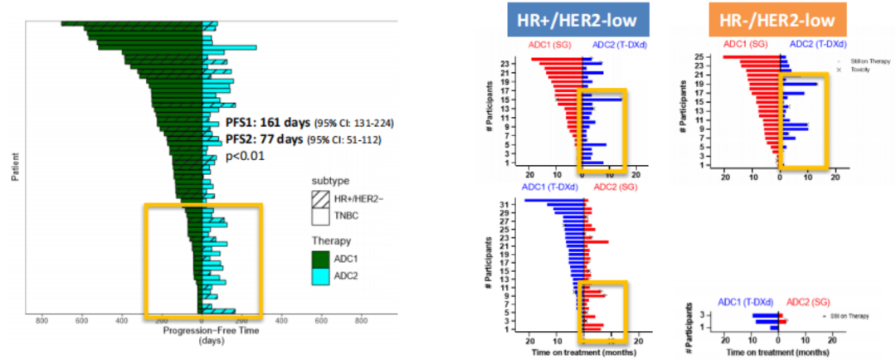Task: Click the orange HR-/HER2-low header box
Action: coord(771,19)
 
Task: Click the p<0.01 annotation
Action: coord(245,155)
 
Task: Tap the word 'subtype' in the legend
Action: coord(331,179)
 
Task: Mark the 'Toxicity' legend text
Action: coord(860,71)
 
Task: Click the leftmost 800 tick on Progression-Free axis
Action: coord(41,320)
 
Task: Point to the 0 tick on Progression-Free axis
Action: coord(202,320)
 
